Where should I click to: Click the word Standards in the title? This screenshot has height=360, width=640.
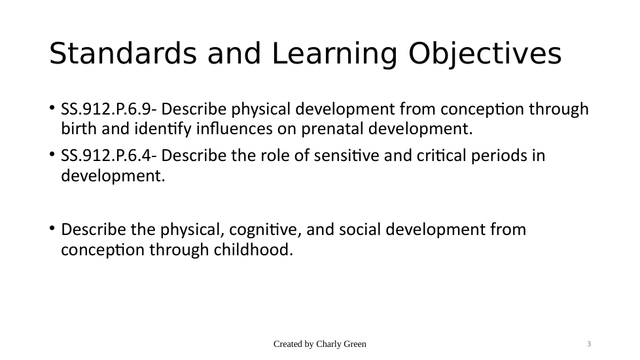(x=122, y=53)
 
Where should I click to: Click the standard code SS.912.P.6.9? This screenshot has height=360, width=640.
(x=106, y=109)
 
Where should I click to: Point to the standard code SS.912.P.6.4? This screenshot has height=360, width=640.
(x=106, y=156)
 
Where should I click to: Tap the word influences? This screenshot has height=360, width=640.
(x=234, y=128)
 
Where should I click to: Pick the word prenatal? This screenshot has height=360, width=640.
(x=332, y=130)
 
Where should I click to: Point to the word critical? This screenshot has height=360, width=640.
(x=441, y=156)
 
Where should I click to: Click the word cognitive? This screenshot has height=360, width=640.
(x=265, y=230)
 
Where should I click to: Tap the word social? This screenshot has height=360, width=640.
(x=360, y=229)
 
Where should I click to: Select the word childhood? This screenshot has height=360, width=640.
(x=253, y=249)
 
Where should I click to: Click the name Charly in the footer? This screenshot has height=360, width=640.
(x=327, y=344)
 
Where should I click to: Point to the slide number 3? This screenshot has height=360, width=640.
(x=589, y=344)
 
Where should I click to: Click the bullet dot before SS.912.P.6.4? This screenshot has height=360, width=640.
(x=52, y=154)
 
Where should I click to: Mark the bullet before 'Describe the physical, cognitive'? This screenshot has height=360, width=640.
(x=52, y=228)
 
